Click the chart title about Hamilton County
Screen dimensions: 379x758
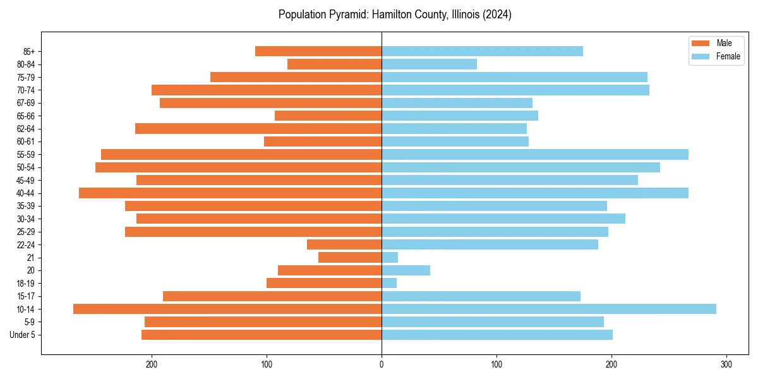click(x=395, y=15)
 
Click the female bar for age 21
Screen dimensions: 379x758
click(x=390, y=258)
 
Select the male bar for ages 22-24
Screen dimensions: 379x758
click(x=344, y=244)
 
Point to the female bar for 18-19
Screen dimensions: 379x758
click(x=389, y=283)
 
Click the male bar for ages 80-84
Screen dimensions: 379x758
click(x=334, y=64)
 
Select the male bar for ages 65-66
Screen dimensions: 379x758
click(x=328, y=116)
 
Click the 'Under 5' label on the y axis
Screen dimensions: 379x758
click(x=22, y=335)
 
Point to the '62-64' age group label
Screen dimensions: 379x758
click(x=25, y=129)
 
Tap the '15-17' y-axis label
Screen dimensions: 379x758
click(x=25, y=296)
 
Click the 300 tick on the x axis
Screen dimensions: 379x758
click(x=726, y=364)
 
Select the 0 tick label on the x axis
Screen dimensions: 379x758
click(x=382, y=364)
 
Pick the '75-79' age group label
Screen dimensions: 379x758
click(x=25, y=77)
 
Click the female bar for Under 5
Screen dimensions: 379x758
click(x=496, y=335)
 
